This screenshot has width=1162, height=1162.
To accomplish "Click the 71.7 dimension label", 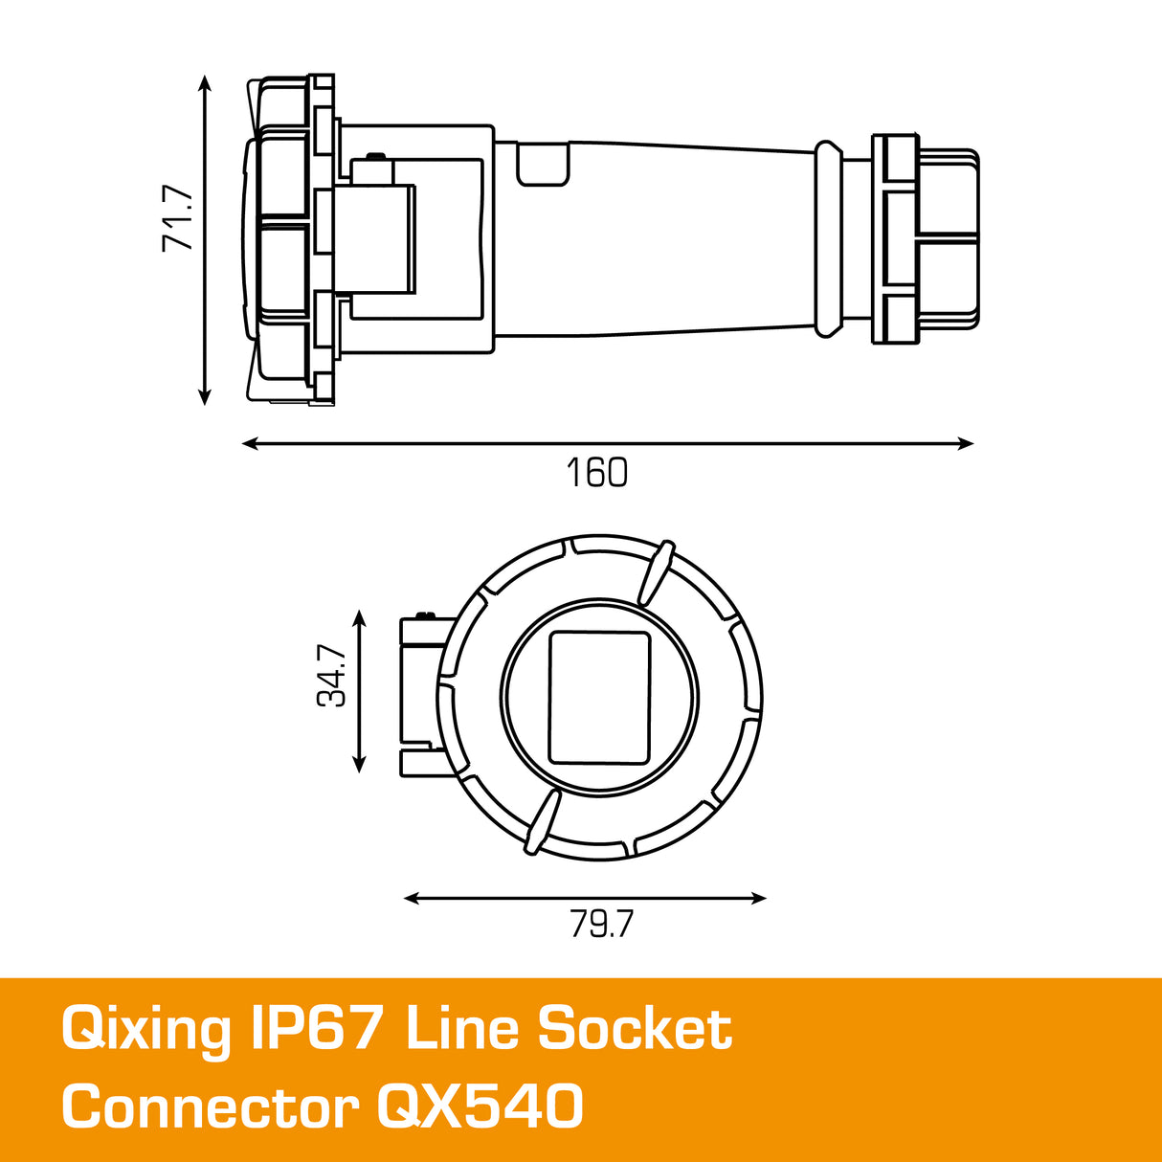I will (x=177, y=219).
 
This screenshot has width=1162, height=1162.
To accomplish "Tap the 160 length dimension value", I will (x=596, y=473).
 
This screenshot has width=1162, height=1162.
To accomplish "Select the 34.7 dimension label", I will (x=332, y=676).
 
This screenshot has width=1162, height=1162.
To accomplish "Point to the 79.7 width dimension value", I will (x=601, y=925).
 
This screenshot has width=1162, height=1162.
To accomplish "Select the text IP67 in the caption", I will (x=316, y=1029).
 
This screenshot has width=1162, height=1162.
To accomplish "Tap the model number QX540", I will (x=480, y=1108).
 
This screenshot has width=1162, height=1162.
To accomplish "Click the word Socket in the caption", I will (x=634, y=1029).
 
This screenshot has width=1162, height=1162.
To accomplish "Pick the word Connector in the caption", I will (x=210, y=1108).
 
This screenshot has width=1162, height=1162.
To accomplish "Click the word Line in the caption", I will (x=463, y=1029).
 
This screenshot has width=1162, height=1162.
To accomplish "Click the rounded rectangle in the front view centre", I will (x=599, y=697).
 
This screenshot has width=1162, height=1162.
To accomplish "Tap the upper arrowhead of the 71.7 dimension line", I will (x=204, y=83).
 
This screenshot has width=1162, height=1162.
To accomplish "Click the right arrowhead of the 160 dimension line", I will (x=967, y=443).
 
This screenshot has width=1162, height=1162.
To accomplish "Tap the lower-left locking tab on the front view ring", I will (x=541, y=822).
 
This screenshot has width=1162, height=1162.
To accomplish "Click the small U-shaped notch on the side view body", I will (x=543, y=164).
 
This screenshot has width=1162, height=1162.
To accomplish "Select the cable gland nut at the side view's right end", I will (x=926, y=238).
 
